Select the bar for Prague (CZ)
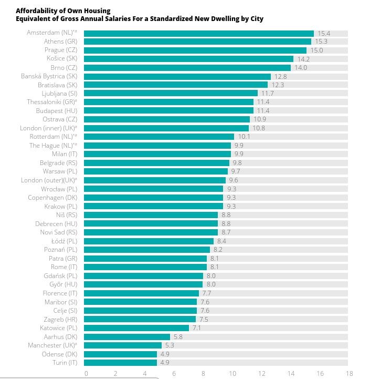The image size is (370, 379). pyautogui.click(x=195, y=50)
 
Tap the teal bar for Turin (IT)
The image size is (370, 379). pyautogui.click(x=120, y=363)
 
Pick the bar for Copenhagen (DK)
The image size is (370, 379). pyautogui.click(x=153, y=198)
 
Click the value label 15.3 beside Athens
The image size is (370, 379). pyautogui.click(x=322, y=42)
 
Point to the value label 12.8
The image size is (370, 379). pyautogui.click(x=281, y=76)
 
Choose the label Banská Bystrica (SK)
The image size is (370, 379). pyautogui.click(x=49, y=76)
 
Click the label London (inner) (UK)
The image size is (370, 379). pyautogui.click(x=49, y=128)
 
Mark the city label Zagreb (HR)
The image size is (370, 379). pyautogui.click(x=61, y=319)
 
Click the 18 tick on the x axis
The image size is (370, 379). pyautogui.click(x=350, y=374)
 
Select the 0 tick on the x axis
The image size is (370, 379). pyautogui.click(x=86, y=374)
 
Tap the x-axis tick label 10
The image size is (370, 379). pyautogui.click(x=232, y=374)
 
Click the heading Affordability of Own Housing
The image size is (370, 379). pyautogui.click(x=63, y=11)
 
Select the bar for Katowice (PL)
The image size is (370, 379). pyautogui.click(x=136, y=328)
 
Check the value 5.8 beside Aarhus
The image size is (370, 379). pyautogui.click(x=178, y=336)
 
